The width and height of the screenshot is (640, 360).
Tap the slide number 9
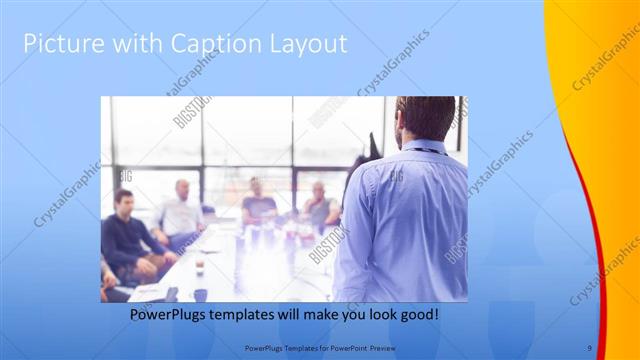click(589, 347)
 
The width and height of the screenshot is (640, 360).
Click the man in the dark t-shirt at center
click(257, 200)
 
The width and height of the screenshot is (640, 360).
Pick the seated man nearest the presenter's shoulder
click(319, 205)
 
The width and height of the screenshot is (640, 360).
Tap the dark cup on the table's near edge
click(200, 294)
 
